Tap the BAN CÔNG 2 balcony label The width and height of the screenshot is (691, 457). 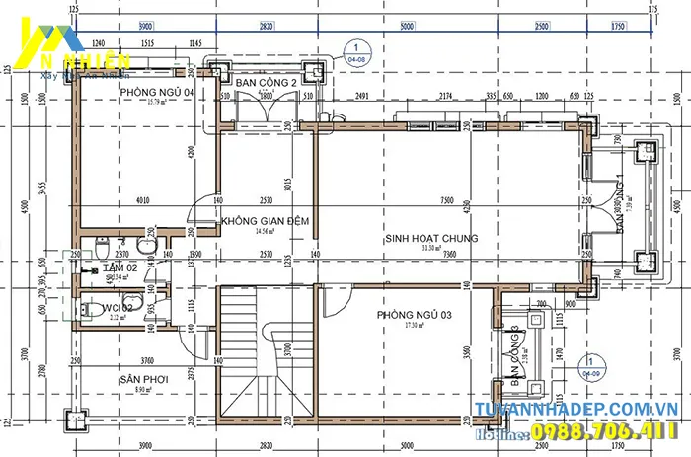pyautogui.click(x=266, y=84)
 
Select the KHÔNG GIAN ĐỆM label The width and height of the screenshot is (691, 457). pyautogui.click(x=264, y=221)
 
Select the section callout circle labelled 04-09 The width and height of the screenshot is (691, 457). pyautogui.click(x=592, y=366)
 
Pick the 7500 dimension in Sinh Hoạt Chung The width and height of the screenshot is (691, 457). pyautogui.click(x=447, y=200)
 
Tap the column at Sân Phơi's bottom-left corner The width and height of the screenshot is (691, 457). pyautogui.click(x=74, y=419)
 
